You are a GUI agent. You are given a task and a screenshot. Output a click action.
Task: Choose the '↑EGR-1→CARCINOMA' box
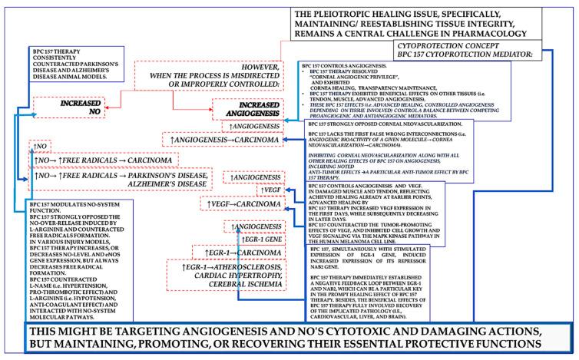click(x=243, y=251)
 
